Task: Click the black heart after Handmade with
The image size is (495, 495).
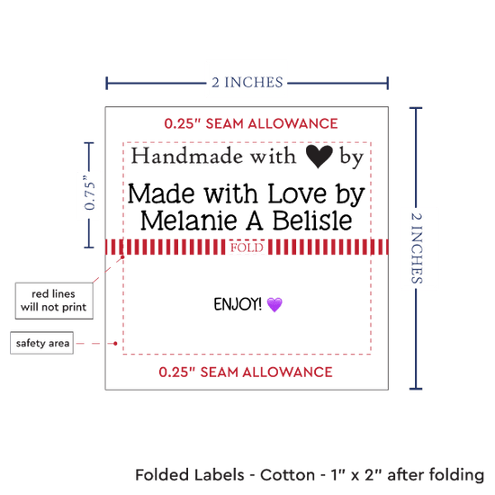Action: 319,157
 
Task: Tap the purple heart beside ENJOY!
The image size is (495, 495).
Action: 274,304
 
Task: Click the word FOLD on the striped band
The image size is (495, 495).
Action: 247,247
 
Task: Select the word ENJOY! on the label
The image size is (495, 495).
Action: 238,304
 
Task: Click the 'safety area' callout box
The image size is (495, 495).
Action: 42,343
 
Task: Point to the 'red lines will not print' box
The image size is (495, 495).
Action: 54,301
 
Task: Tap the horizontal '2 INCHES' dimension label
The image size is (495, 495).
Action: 247,83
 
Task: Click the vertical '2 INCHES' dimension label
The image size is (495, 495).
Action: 417,247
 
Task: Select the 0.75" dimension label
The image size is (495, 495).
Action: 90,193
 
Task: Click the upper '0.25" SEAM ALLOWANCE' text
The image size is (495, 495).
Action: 251,123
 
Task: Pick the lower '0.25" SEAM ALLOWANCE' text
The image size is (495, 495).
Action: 246,373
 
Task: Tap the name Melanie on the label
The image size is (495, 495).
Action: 189,220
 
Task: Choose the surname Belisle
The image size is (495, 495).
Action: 312,220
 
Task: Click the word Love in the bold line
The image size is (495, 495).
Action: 297,193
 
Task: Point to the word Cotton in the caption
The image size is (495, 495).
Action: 287,475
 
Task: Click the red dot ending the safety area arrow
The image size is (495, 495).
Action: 115,343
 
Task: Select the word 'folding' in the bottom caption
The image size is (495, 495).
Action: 456,476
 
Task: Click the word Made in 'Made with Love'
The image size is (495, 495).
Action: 161,193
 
